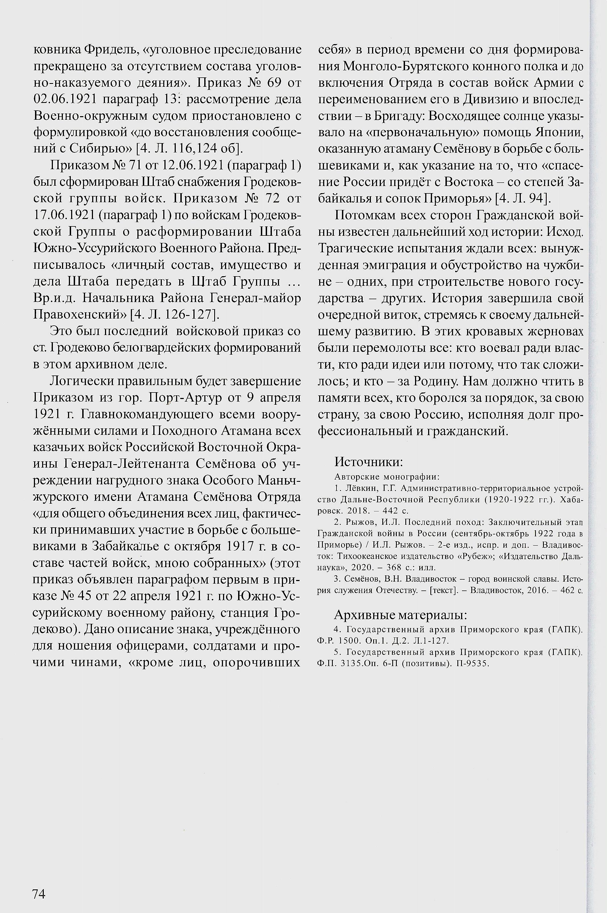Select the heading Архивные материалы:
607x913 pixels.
coord(400,615)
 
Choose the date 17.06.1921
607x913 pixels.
coord(64,215)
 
